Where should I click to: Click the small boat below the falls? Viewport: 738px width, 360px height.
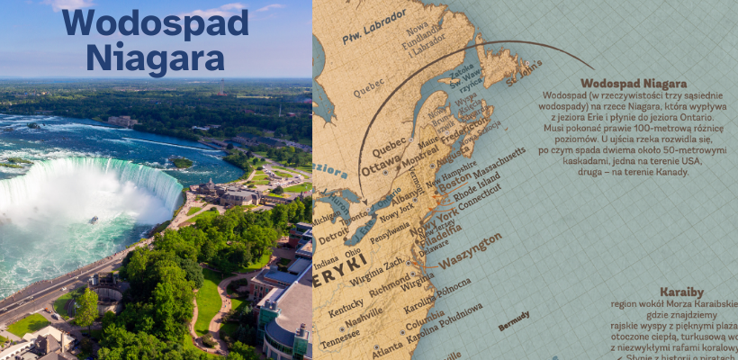(93, 219)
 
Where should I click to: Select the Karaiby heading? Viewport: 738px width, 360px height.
(681, 292)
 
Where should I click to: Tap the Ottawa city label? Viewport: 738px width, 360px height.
(382, 167)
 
